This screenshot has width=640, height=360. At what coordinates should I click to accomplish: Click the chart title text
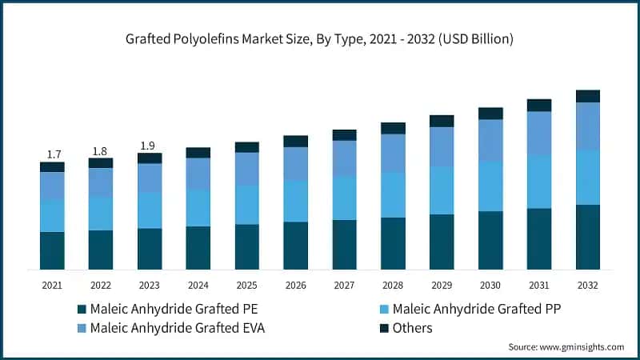coord(320,38)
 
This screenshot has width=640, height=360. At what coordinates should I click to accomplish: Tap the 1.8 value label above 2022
coord(101,150)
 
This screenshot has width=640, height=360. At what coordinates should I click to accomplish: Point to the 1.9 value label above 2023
coord(150,145)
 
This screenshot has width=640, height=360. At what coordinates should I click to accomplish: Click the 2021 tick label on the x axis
coord(52,284)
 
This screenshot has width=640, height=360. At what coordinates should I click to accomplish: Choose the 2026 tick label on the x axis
coord(296,284)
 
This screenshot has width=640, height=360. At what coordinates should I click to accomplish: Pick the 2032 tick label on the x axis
coord(588,284)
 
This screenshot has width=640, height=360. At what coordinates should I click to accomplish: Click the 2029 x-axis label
coord(442,284)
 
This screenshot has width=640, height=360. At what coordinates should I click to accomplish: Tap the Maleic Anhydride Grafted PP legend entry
coord(473,308)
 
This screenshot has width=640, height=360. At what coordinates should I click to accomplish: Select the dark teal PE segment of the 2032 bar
coord(588,237)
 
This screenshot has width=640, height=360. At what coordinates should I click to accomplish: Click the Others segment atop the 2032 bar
coord(588,96)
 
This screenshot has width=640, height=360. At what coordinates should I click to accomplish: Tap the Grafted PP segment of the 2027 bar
coord(345,198)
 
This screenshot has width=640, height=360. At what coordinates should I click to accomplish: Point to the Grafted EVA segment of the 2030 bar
coord(490,140)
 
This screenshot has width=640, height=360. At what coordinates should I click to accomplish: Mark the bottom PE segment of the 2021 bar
coord(52,250)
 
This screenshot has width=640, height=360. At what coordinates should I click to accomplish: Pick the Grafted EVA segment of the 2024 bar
coord(198,174)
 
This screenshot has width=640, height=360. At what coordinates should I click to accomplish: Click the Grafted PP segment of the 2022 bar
coord(101,214)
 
